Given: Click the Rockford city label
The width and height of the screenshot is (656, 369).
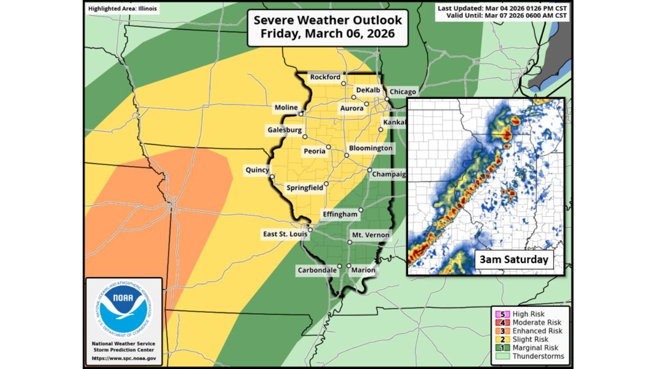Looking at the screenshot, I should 325,77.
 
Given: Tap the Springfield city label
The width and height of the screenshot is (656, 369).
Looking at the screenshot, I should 304,188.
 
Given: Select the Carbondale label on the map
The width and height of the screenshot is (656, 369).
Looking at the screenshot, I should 317,270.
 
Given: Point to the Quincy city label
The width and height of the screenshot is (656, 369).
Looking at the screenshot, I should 257,170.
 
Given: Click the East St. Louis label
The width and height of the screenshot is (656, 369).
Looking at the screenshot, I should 285,234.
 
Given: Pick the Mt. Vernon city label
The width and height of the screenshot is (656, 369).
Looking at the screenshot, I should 370,235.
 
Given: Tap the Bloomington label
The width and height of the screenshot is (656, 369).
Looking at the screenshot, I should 371,148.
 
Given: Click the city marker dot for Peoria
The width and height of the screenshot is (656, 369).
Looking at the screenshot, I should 329,147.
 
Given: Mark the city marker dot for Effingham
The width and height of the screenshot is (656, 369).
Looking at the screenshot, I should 361,210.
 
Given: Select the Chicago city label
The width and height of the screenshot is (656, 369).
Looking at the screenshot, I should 403,92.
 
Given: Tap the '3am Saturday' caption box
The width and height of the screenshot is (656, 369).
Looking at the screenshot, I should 514,259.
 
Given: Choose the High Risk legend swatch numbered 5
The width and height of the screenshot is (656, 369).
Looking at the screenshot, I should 496,314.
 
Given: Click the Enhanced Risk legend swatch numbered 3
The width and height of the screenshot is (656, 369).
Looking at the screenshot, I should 496,331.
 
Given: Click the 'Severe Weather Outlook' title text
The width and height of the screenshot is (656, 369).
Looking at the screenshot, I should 328,20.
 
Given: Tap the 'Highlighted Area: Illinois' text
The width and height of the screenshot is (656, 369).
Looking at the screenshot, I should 123,9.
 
